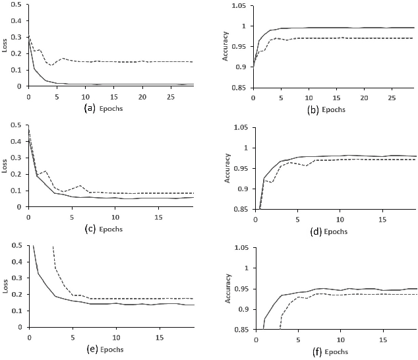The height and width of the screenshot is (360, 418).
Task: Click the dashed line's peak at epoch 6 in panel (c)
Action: click(80, 186)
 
